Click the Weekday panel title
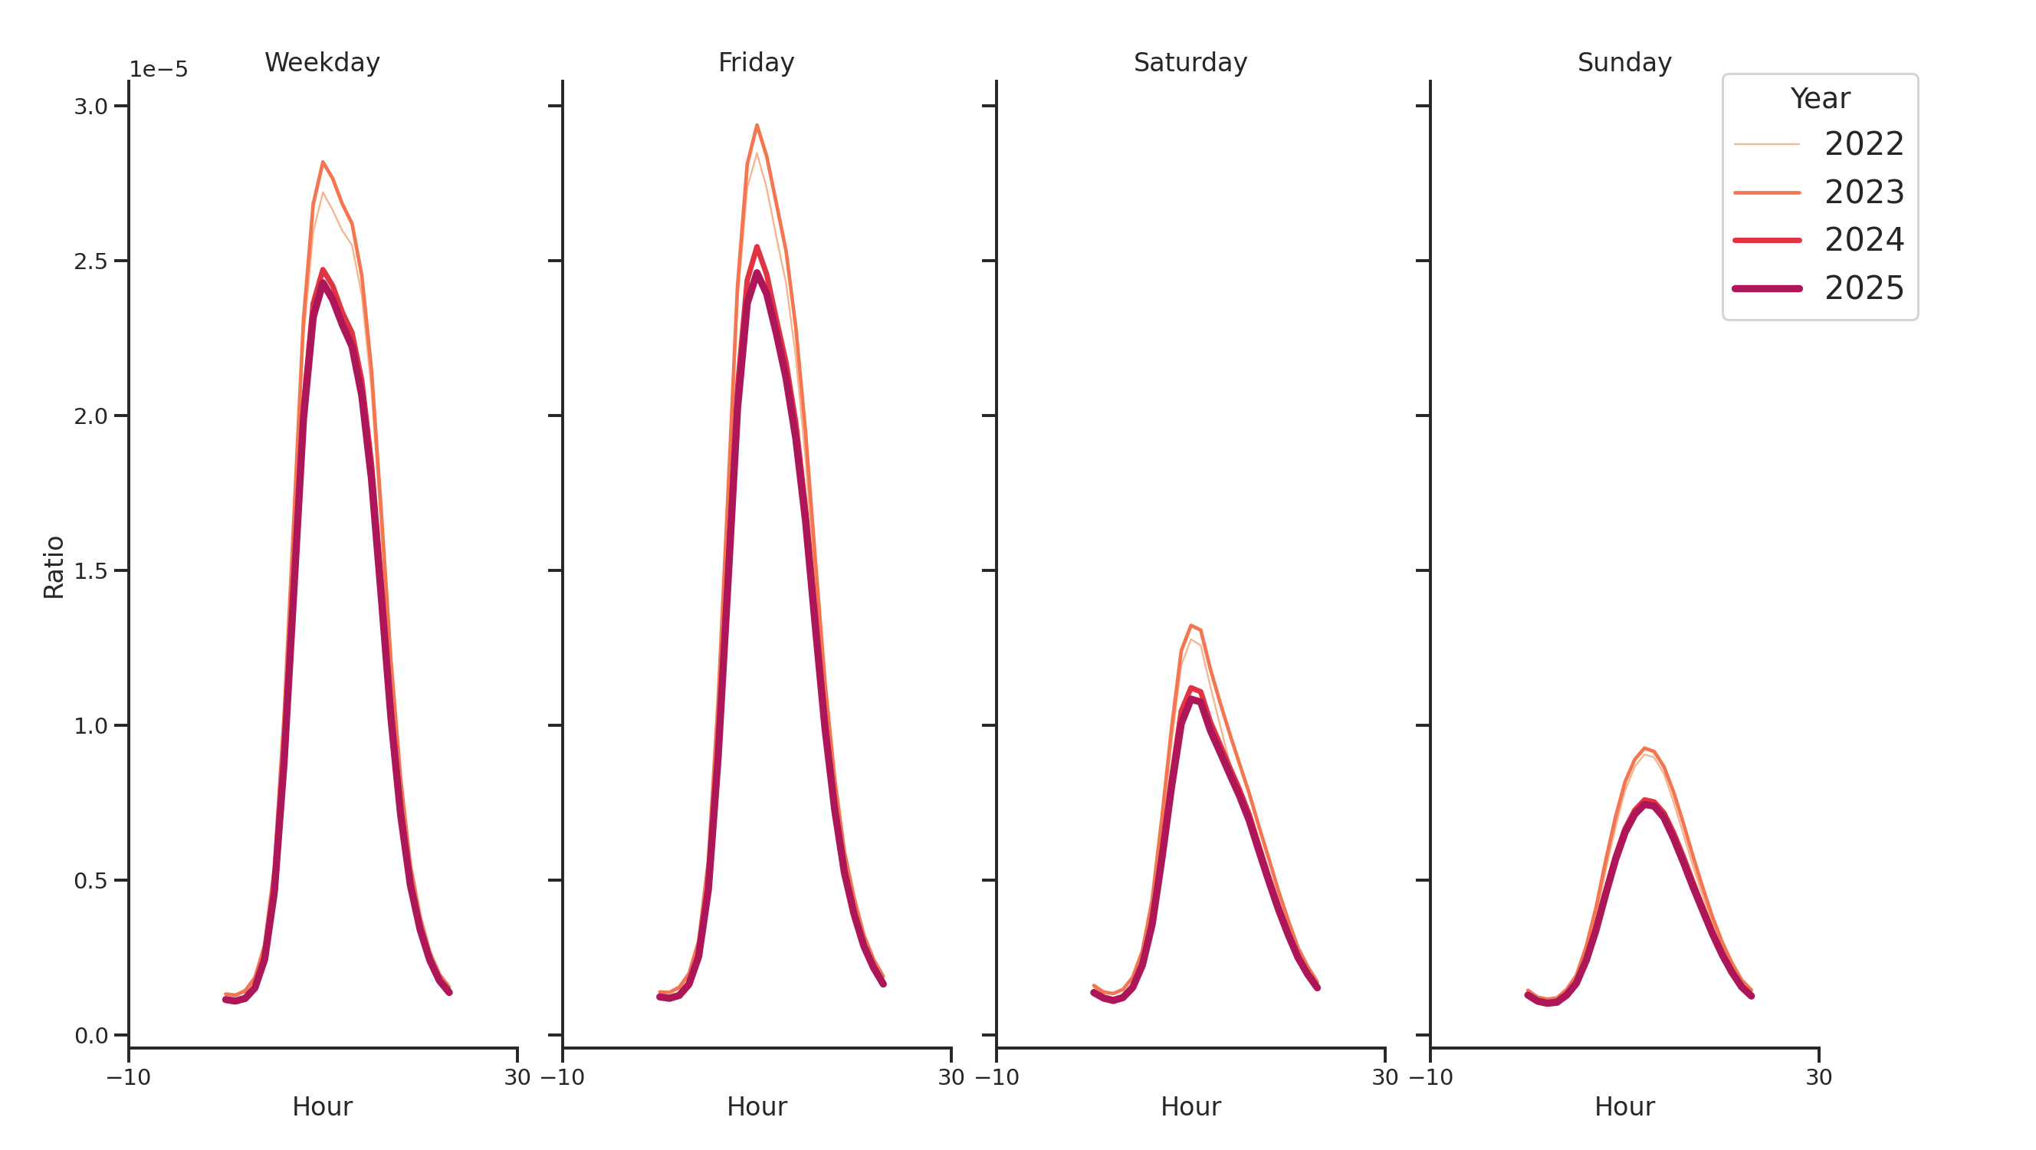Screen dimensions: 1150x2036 tap(322, 62)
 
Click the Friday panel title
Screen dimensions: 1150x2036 tap(756, 62)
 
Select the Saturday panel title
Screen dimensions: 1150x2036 tap(1190, 62)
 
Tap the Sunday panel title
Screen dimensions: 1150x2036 tap(1624, 62)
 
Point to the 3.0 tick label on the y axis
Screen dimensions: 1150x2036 tap(90, 107)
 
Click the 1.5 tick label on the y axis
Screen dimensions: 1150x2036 tap(90, 570)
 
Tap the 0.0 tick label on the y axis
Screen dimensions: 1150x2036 tap(90, 1036)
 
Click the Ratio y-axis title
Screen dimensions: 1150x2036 tap(54, 567)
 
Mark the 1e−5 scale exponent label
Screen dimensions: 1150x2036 tap(158, 70)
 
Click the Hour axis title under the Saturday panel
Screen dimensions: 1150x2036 tap(1190, 1106)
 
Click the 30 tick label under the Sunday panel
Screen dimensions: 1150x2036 tap(1818, 1077)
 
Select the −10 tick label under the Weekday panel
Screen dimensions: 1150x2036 tap(128, 1077)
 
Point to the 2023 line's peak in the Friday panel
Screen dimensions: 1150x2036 tap(757, 126)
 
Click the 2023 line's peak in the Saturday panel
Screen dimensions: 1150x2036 tap(1190, 626)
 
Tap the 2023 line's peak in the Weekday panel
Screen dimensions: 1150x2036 tap(323, 163)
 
